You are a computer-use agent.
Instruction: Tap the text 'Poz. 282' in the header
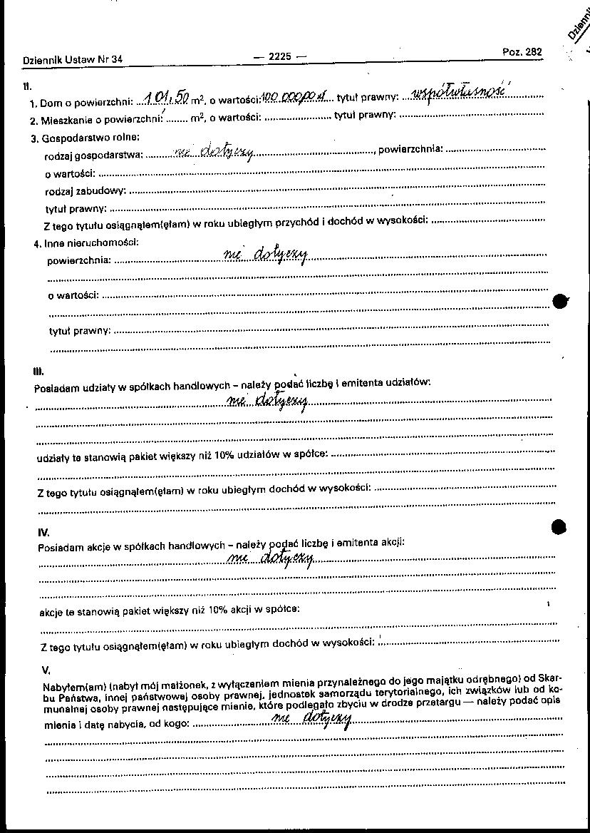(x=522, y=52)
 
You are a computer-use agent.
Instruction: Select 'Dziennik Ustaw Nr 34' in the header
(x=73, y=60)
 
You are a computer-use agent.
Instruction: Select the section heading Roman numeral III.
(x=39, y=371)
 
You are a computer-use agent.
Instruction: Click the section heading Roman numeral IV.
(x=43, y=532)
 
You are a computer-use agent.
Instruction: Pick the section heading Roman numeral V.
(x=46, y=670)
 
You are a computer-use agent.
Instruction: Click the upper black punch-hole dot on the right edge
(x=561, y=301)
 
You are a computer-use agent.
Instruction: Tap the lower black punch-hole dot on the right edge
(x=560, y=527)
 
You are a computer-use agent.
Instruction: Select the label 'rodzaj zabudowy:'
(x=86, y=190)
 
